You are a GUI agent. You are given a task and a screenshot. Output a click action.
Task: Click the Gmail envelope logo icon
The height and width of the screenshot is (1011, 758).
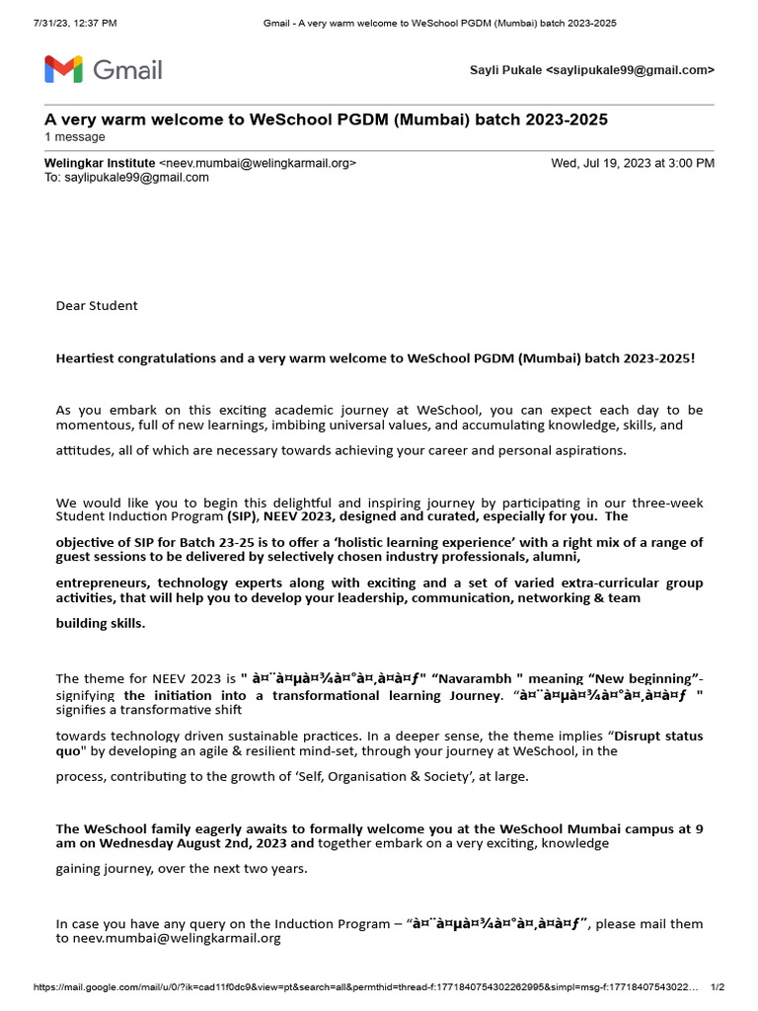click(x=64, y=70)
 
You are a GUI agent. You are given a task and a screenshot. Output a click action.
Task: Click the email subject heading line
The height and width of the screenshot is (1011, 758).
click(x=326, y=119)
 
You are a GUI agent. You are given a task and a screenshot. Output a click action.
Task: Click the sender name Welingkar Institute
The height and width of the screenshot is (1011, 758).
click(x=100, y=163)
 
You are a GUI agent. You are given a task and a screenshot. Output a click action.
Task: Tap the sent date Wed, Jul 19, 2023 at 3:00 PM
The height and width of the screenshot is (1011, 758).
click(x=632, y=163)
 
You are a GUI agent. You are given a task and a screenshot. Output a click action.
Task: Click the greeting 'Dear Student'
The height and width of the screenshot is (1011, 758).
click(x=97, y=305)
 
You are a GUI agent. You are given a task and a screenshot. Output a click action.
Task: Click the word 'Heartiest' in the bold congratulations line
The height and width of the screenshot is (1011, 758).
click(x=87, y=357)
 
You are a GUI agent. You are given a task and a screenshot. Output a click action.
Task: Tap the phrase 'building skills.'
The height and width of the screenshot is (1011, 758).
click(x=101, y=623)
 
